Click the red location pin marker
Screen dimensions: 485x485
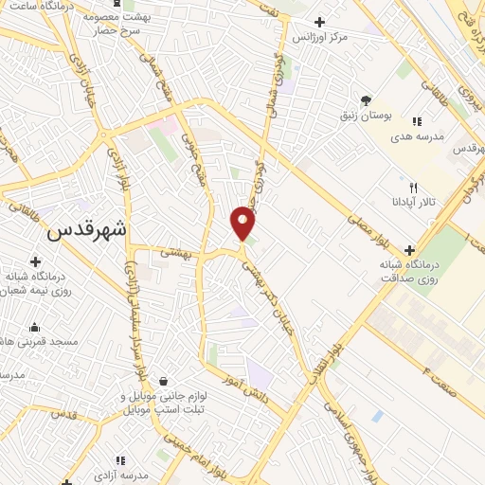[x=243, y=224]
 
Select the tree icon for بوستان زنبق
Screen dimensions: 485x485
[x=366, y=100]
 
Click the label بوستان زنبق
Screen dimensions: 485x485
[x=363, y=116]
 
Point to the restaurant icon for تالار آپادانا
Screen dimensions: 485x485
[x=412, y=187]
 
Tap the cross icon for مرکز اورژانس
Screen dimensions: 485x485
[x=319, y=22]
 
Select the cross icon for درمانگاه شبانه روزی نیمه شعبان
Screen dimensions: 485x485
[x=35, y=261]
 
